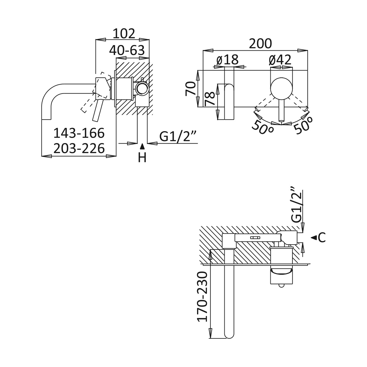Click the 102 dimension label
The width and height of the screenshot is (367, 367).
[124, 34]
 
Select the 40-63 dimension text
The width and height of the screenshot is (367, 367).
[127, 50]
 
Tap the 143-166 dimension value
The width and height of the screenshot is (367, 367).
[79, 133]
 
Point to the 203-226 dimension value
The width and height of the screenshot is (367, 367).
[79, 149]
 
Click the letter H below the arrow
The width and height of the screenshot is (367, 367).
[142, 158]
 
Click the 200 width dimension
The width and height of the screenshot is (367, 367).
[260, 44]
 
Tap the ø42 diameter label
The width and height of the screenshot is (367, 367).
[280, 60]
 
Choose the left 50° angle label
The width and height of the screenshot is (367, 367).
[262, 127]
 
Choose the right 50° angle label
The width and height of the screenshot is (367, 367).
[303, 126]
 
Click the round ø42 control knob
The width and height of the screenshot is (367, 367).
[281, 88]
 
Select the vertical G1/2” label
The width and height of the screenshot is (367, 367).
[296, 204]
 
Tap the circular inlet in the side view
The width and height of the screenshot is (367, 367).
[142, 89]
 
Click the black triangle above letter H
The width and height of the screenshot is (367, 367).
[142, 146]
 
